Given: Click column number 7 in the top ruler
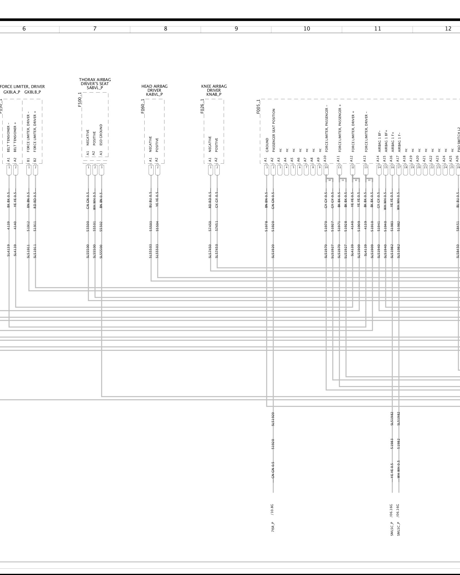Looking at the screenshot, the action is tap(95, 29).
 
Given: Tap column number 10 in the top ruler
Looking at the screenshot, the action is tap(307, 29).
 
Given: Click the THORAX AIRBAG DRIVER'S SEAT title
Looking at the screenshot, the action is tap(95, 84).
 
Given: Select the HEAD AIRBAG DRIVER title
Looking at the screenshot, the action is tap(154, 90).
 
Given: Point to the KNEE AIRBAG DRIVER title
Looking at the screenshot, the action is tap(214, 90).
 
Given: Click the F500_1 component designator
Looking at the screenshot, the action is tap(80, 100).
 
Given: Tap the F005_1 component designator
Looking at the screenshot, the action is tap(258, 106).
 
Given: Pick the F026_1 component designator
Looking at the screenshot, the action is tap(202, 106).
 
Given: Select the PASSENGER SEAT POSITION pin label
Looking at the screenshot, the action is tap(274, 130).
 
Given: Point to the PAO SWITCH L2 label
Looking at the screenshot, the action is tap(458, 139).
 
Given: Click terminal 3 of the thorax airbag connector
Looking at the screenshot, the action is tap(101, 167).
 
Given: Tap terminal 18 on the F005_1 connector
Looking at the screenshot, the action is tap(405, 167).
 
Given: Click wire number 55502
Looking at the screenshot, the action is tap(101, 226).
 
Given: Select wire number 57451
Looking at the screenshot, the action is tap(216, 226).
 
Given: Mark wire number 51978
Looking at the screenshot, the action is tap(266, 226).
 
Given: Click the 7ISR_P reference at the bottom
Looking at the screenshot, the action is tap(273, 527).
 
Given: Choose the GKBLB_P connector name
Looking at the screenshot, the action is tap(32, 92).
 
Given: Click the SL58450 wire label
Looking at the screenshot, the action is tap(458, 251).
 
